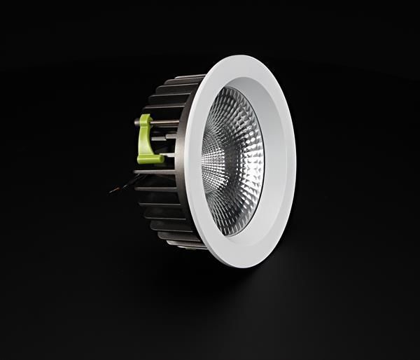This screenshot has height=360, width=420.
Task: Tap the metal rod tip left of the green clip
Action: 136,123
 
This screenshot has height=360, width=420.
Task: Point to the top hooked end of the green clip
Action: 145,118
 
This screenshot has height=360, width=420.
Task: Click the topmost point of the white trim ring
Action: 241,56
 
